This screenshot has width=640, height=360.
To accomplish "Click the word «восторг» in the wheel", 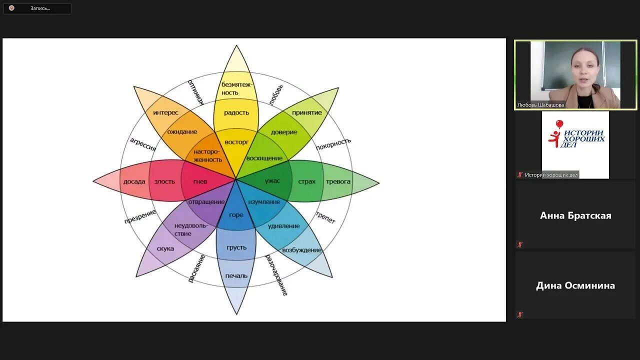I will tap(236, 142).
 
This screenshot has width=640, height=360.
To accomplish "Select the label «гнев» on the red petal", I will tap(200, 181).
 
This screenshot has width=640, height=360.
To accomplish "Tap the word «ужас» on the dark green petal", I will tap(272, 181).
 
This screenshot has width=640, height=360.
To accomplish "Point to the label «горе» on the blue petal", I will tap(236, 215).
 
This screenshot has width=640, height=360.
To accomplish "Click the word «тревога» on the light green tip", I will tap(338, 181).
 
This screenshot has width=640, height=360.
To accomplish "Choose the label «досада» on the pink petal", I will tap(134, 181).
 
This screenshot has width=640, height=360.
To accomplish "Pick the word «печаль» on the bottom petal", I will tap(236, 275).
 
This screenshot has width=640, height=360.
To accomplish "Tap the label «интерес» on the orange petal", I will tap(165, 112).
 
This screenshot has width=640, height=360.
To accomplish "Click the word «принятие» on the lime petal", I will tap(307, 112).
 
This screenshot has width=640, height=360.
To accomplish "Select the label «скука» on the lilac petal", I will tap(165, 248).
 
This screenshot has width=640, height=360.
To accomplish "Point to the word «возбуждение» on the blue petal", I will tap(301, 250).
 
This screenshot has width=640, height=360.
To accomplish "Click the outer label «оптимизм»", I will tap(195, 92).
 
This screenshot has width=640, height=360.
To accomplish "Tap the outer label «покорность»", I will tap(333, 143).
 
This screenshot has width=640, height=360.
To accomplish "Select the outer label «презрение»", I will tap(140, 216).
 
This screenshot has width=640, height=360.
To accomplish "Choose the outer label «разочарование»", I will tap(276, 274).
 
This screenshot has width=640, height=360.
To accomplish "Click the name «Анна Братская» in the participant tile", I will tap(575, 215).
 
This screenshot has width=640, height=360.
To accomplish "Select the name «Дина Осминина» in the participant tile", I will tap(575, 285).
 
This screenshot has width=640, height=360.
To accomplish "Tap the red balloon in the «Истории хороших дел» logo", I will tap(559, 124).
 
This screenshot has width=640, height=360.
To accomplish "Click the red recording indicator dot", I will tap(11, 8).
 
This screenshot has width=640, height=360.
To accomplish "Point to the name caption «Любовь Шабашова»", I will tap(540, 105).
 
